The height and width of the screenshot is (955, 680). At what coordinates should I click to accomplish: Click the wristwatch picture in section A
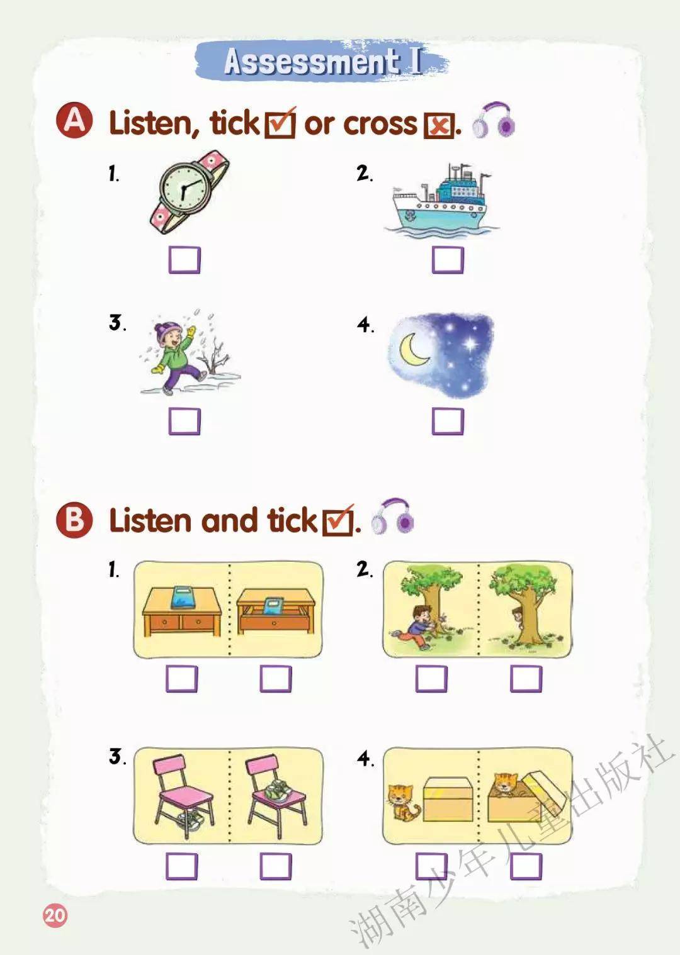[x=188, y=191]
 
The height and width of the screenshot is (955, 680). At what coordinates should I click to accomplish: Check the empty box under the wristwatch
[x=184, y=260]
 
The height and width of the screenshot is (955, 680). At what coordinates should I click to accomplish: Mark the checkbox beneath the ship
[x=448, y=260]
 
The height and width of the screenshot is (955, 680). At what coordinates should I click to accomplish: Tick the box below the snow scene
[x=184, y=422]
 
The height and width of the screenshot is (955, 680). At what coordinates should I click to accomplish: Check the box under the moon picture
[x=448, y=422]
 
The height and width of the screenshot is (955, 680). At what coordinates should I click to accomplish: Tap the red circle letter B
[x=74, y=520]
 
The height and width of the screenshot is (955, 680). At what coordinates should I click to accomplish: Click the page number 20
[x=55, y=915]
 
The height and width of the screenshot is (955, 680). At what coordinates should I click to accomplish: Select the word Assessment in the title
[x=312, y=61]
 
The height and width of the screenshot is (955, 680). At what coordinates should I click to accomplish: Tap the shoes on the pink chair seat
[x=278, y=793]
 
